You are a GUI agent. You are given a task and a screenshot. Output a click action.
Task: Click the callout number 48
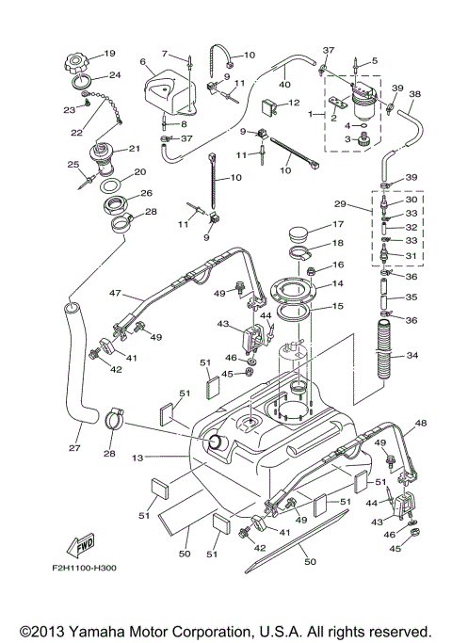(420, 423)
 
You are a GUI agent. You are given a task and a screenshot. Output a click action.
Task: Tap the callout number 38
(415, 93)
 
